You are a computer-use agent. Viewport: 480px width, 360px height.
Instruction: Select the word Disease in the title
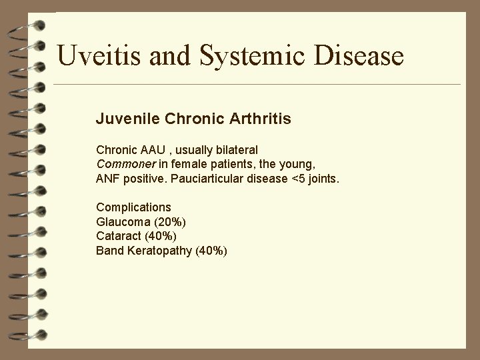(x=360, y=55)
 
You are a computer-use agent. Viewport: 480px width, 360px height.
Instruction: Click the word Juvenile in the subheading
(x=125, y=120)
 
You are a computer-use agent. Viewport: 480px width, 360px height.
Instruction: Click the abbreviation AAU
(x=153, y=150)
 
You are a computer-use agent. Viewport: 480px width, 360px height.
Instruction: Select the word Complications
(x=133, y=207)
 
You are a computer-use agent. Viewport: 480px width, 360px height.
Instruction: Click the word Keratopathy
(x=160, y=251)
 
